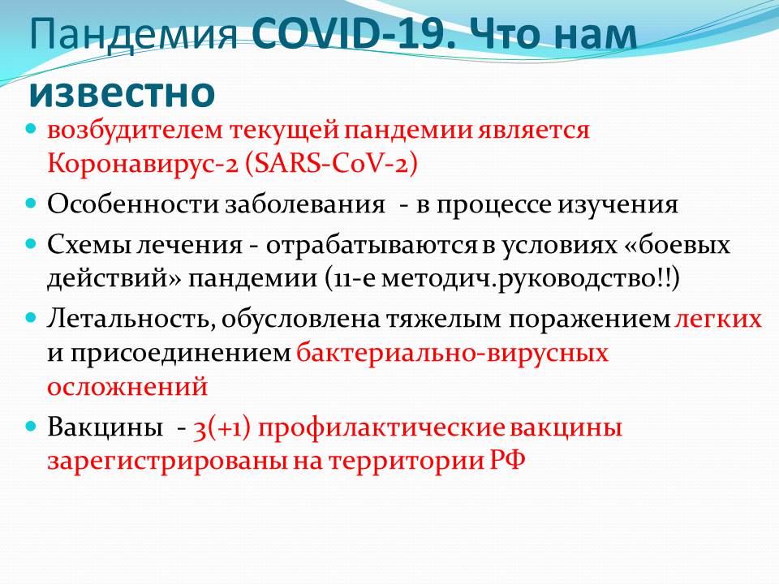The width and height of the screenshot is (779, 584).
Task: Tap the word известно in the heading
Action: click(x=123, y=92)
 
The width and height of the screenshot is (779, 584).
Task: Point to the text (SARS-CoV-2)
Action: click(x=331, y=163)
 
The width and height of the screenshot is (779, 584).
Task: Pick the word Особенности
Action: click(x=132, y=204)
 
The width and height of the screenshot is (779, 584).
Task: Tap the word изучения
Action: click(x=618, y=205)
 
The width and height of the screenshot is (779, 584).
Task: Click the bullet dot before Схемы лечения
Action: click(x=32, y=243)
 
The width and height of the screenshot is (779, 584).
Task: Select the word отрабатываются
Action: click(x=371, y=245)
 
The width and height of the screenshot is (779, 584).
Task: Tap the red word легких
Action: click(x=718, y=319)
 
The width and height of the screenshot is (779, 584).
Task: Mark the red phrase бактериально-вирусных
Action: click(x=453, y=354)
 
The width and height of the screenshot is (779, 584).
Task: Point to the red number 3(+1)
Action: click(x=222, y=428)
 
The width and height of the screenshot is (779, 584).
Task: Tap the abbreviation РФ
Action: click(x=508, y=460)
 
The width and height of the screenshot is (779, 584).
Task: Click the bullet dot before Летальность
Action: click(x=32, y=317)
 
